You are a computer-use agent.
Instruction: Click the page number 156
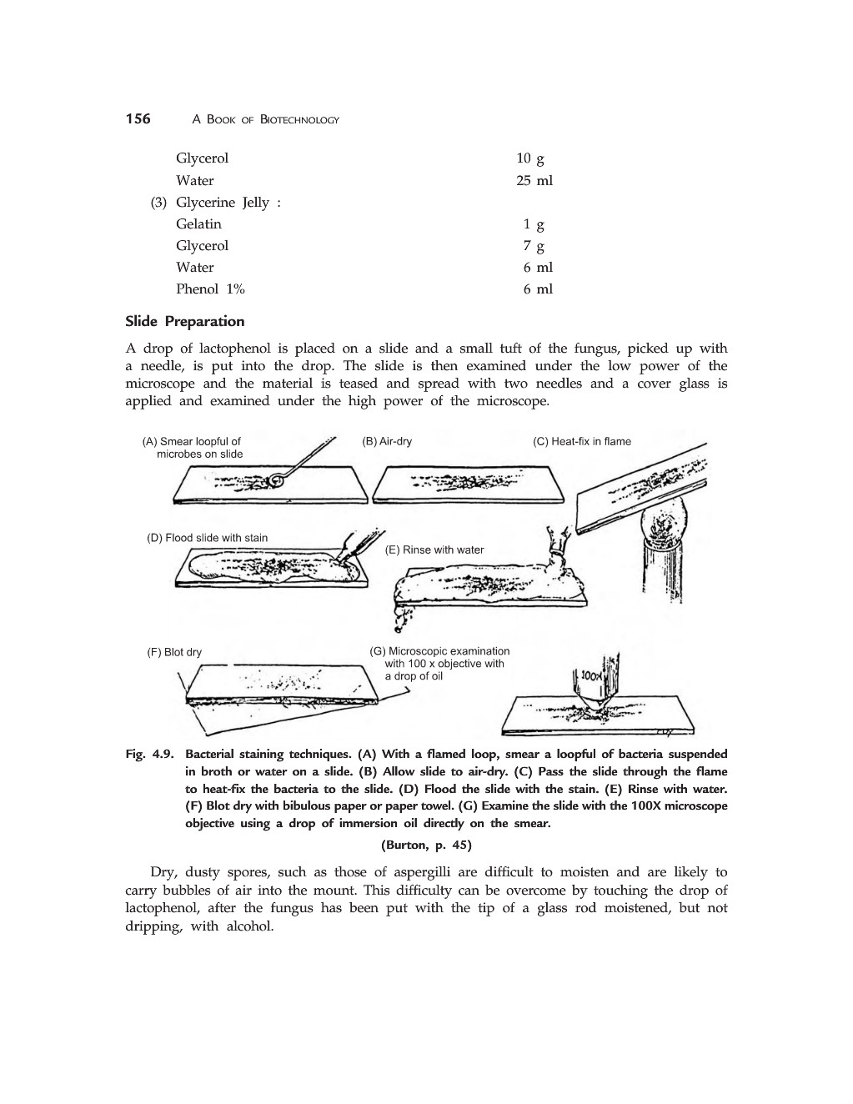[138, 119]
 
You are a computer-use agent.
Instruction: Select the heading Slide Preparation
[184, 322]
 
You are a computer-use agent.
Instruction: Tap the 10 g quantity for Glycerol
[529, 158]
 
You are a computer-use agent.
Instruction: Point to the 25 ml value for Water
[534, 180]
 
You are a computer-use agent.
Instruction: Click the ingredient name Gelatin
[198, 223]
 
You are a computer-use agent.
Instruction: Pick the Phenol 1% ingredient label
[210, 289]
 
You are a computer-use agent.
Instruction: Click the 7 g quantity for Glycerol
[534, 245]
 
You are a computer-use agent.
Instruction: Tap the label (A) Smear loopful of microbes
[193, 448]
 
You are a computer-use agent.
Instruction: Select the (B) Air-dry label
[387, 441]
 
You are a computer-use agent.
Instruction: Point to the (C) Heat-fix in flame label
[582, 441]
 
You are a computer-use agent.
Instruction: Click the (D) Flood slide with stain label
[208, 538]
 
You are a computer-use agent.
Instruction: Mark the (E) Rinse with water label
[434, 549]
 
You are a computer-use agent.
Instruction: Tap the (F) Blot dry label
[174, 652]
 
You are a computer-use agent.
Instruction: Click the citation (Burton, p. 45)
[426, 845]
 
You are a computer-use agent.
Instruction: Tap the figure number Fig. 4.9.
[149, 754]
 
